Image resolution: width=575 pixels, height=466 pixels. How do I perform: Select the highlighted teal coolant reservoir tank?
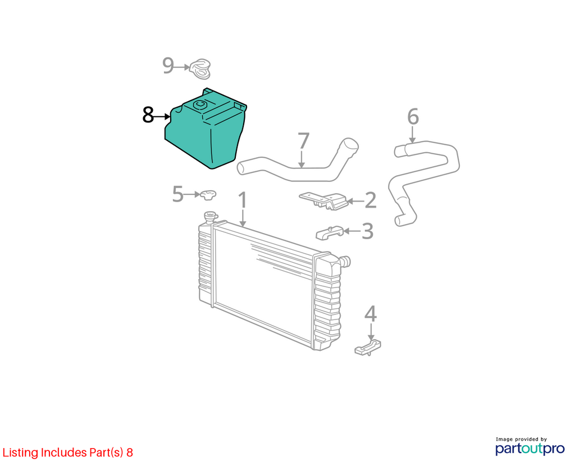tap(206, 129)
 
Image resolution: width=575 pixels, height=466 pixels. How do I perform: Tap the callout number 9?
tap(168, 66)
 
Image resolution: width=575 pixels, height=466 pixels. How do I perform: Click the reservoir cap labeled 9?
tap(200, 68)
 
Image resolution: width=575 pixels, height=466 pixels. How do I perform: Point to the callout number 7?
tap(303, 141)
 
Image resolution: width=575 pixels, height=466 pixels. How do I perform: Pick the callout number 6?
tap(413, 117)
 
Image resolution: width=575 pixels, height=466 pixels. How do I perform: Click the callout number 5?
tap(177, 194)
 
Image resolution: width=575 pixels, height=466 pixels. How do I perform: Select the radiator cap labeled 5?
tap(208, 195)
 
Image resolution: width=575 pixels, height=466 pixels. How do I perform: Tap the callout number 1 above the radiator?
tap(243, 200)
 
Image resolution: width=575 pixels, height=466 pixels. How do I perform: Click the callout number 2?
tap(371, 200)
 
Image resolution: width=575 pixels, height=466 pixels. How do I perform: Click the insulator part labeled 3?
tap(330, 233)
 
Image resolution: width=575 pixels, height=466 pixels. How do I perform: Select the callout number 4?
tap(371, 314)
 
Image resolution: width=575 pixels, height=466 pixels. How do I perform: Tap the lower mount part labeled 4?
tap(368, 347)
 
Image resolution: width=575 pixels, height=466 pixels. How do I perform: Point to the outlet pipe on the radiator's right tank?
tap(345, 262)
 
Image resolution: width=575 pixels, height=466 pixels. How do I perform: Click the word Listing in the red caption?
tap(20, 453)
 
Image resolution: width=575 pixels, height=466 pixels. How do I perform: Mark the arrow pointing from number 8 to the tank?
tap(162, 117)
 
